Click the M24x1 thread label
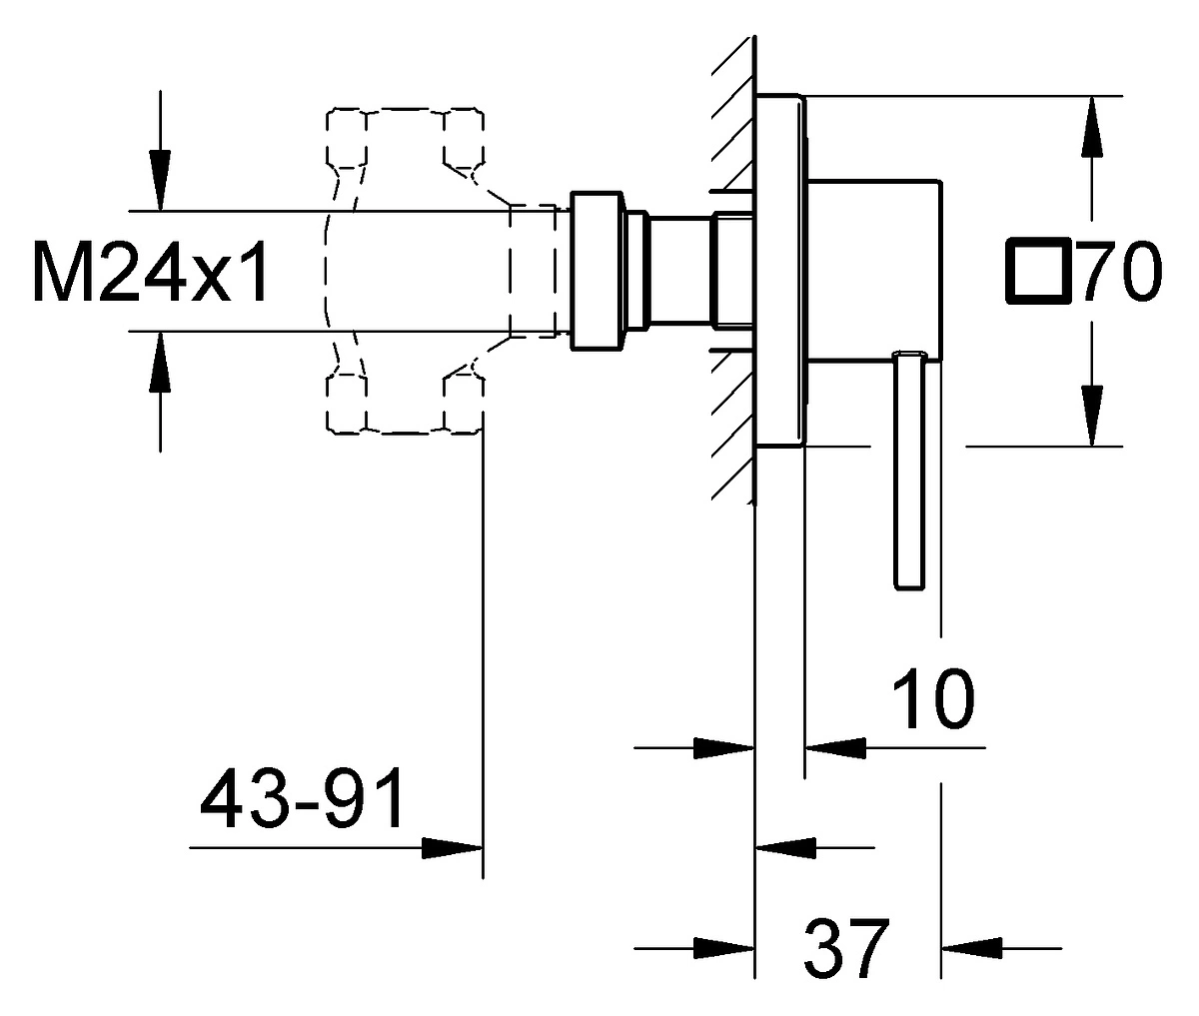[151, 272]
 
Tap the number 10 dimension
[933, 697]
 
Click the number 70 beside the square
[1122, 271]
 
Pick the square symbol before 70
[1039, 271]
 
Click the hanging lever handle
[909, 470]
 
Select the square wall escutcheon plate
[780, 270]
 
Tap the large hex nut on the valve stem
[597, 271]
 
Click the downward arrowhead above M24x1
[160, 180]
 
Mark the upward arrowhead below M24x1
[160, 363]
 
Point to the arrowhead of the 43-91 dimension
[452, 848]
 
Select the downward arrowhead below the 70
[1092, 416]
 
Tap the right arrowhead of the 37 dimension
[971, 948]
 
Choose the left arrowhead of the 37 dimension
[724, 948]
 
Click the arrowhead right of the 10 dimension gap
[836, 747]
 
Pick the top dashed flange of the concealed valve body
[405, 138]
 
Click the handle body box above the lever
[873, 270]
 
